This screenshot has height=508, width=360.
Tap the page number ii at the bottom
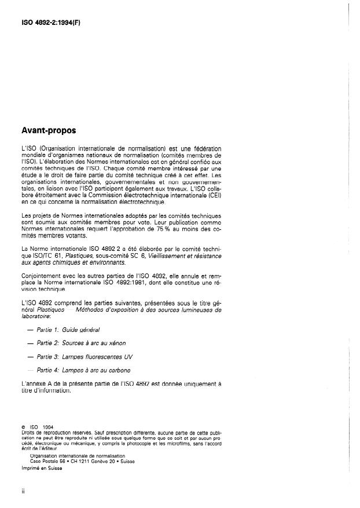point(22,492)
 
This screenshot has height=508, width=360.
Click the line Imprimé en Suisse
point(41,470)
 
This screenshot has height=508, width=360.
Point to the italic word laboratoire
point(36,316)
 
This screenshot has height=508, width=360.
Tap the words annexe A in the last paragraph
point(43,383)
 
